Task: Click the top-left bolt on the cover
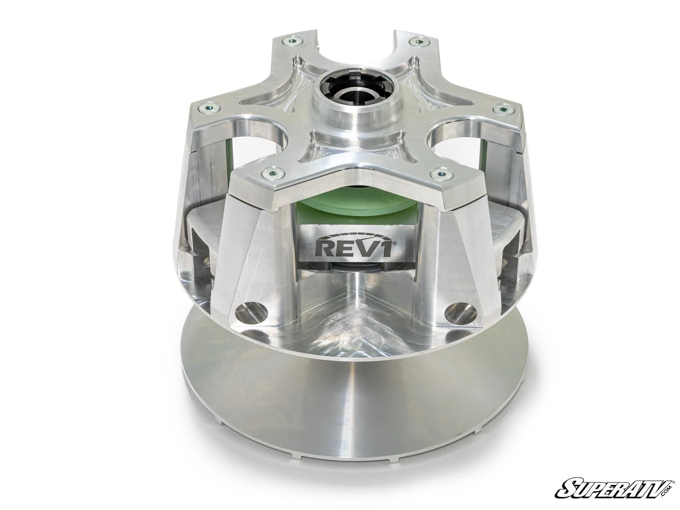click(x=293, y=41)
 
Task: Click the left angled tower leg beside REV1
click(x=263, y=255)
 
